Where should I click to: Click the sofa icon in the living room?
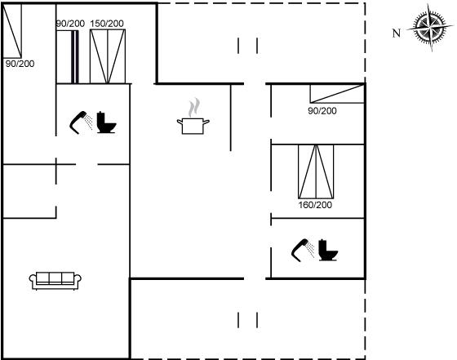55,281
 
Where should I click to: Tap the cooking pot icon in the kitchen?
193,126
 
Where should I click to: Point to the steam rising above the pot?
194,108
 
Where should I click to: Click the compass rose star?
430,28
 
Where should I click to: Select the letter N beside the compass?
397,33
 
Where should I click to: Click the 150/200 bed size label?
107,24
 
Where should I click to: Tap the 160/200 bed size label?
315,205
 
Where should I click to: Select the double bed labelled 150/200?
108,56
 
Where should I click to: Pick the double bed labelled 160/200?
316,171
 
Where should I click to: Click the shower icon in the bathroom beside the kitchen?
81,122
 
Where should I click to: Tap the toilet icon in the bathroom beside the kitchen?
106,122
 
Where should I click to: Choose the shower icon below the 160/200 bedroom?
303,251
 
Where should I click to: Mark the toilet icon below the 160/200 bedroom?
328,250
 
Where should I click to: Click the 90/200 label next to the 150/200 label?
70,24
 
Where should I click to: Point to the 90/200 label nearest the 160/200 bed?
322,111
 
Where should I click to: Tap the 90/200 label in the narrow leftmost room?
20,64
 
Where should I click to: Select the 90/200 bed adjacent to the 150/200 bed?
67,56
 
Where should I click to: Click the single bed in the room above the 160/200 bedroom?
337,94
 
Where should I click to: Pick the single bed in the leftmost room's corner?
12,31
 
